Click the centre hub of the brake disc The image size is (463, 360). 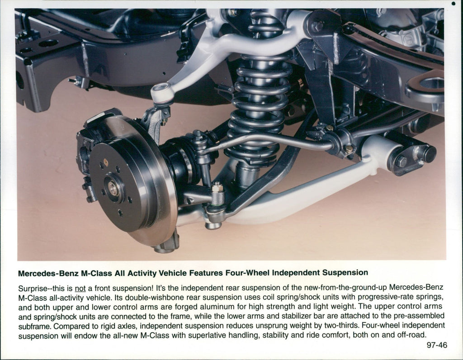pyautogui.click(x=113, y=189)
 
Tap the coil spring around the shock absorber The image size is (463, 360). pyautogui.click(x=260, y=97)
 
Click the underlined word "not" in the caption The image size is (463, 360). pyautogui.click(x=80, y=288)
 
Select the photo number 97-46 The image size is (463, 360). pyautogui.click(x=437, y=345)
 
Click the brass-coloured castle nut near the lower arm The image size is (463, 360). pyautogui.click(x=217, y=187)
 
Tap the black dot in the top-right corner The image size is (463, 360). pyautogui.click(x=454, y=4)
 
